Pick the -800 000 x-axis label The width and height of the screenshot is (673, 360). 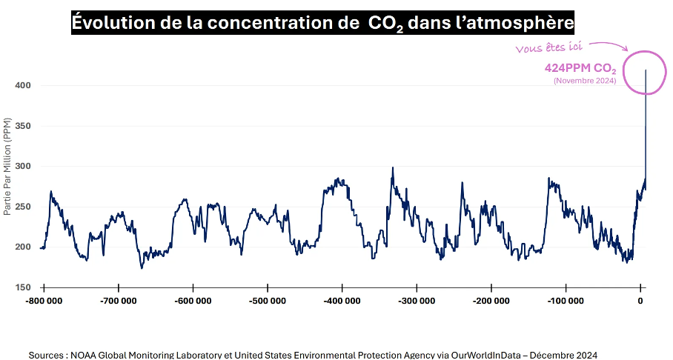[x=44, y=301]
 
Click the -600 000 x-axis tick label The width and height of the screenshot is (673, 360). [x=193, y=301]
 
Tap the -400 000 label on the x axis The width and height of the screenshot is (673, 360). [x=342, y=301]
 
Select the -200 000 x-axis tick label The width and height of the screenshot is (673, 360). [x=491, y=301]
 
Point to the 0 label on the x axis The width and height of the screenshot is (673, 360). [x=641, y=301]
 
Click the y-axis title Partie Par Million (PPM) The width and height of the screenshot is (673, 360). [x=7, y=166]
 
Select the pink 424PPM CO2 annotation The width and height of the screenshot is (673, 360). [x=580, y=67]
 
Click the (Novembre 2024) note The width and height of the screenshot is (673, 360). [x=585, y=81]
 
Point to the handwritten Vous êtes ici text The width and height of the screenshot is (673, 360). [x=548, y=47]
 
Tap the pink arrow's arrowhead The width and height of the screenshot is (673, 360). [x=625, y=49]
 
